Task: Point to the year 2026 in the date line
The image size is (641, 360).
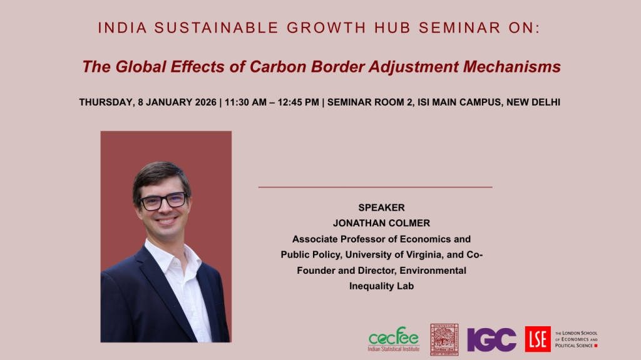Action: coord(205,102)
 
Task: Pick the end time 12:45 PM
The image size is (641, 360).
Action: coord(298,102)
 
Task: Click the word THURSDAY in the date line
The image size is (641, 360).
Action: coord(106,102)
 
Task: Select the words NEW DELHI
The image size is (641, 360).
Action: coord(533,102)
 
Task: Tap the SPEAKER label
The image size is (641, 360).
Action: coord(381,207)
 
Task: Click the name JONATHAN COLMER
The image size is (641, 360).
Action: coord(381,223)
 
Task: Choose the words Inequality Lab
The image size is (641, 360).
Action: coord(381,286)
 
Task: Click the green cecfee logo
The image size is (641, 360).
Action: coord(394,339)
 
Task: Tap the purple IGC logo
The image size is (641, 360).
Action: coord(492,339)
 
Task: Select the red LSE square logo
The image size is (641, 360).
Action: coord(538,339)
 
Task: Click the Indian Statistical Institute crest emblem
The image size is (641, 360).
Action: coord(444,339)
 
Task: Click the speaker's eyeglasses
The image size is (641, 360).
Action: coord(163,201)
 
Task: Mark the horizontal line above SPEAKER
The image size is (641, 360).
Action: coord(376,187)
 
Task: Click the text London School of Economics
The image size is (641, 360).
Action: coord(577,339)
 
